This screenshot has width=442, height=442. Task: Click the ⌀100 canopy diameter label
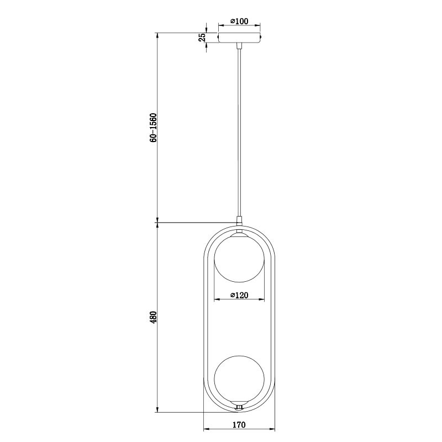point(239,21)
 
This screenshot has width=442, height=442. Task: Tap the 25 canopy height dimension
point(202,38)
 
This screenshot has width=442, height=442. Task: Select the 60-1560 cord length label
point(153,128)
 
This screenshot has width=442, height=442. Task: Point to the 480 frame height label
point(153,317)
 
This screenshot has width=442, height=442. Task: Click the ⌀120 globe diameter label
point(239,295)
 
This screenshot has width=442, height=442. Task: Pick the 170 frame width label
point(239,424)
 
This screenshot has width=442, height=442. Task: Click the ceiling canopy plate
point(239,38)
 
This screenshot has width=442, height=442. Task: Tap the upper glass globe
point(239,257)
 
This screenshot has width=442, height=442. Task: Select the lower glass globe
point(239,380)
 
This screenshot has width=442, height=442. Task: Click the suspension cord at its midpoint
point(239,133)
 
